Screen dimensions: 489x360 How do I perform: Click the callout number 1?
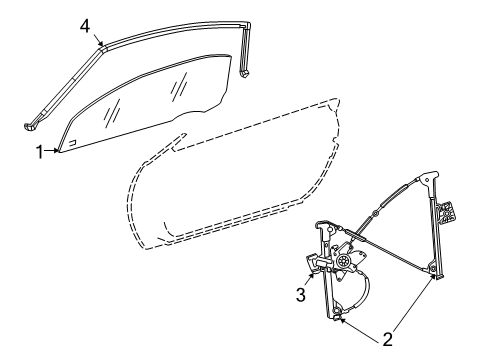(x=40, y=151)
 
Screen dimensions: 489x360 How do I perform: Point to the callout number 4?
(x=85, y=27)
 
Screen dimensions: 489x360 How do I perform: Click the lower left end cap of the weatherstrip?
(x=32, y=124)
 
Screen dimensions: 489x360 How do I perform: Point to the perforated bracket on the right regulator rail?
(x=447, y=212)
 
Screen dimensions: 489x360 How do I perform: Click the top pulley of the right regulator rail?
(x=427, y=180)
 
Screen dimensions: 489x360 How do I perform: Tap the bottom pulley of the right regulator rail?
(x=433, y=268)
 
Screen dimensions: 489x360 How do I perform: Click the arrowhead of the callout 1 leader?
(x=59, y=151)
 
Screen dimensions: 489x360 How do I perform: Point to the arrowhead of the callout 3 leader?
(x=311, y=276)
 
